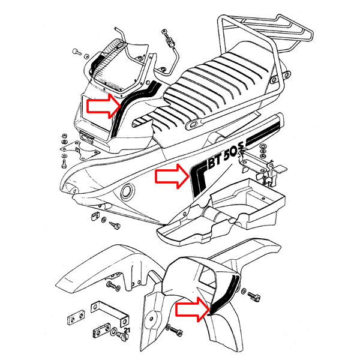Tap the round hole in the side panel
pyautogui.click(x=127, y=193)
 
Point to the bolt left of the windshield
pyautogui.click(x=76, y=52)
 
